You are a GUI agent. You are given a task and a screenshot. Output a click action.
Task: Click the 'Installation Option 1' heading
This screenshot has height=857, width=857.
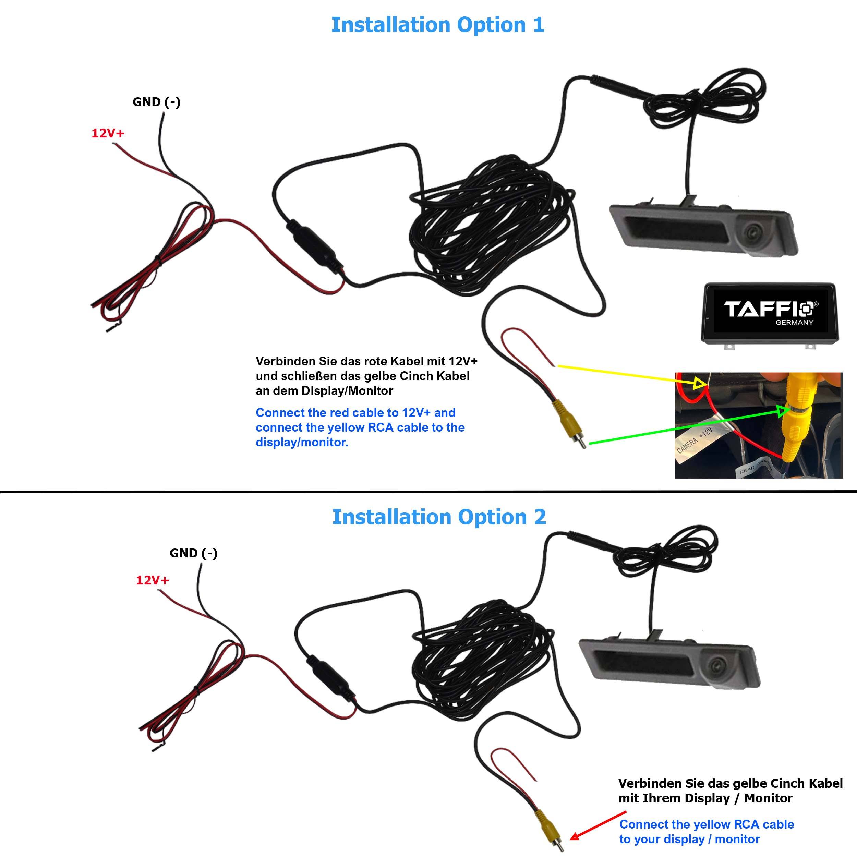[x=437, y=25]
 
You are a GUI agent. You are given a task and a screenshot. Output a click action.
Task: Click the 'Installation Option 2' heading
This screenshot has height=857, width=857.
[x=439, y=517]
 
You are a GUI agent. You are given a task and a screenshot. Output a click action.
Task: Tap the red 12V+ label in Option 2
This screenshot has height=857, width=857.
[x=152, y=580]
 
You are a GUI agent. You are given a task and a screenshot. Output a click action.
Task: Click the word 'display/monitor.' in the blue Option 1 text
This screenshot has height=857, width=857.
[x=302, y=442]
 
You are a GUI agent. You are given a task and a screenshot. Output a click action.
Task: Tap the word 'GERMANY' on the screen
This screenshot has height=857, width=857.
[x=794, y=323]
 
